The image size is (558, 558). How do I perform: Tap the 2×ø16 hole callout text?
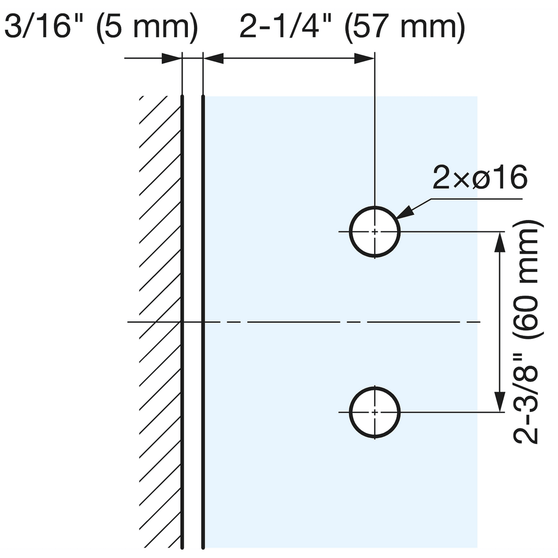(x=479, y=178)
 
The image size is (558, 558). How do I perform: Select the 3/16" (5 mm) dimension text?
(x=101, y=27)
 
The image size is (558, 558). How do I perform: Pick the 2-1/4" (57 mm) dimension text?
(x=352, y=27)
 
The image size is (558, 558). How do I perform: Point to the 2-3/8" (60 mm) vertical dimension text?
(x=525, y=322)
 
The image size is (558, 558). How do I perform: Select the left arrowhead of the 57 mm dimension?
(x=214, y=58)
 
